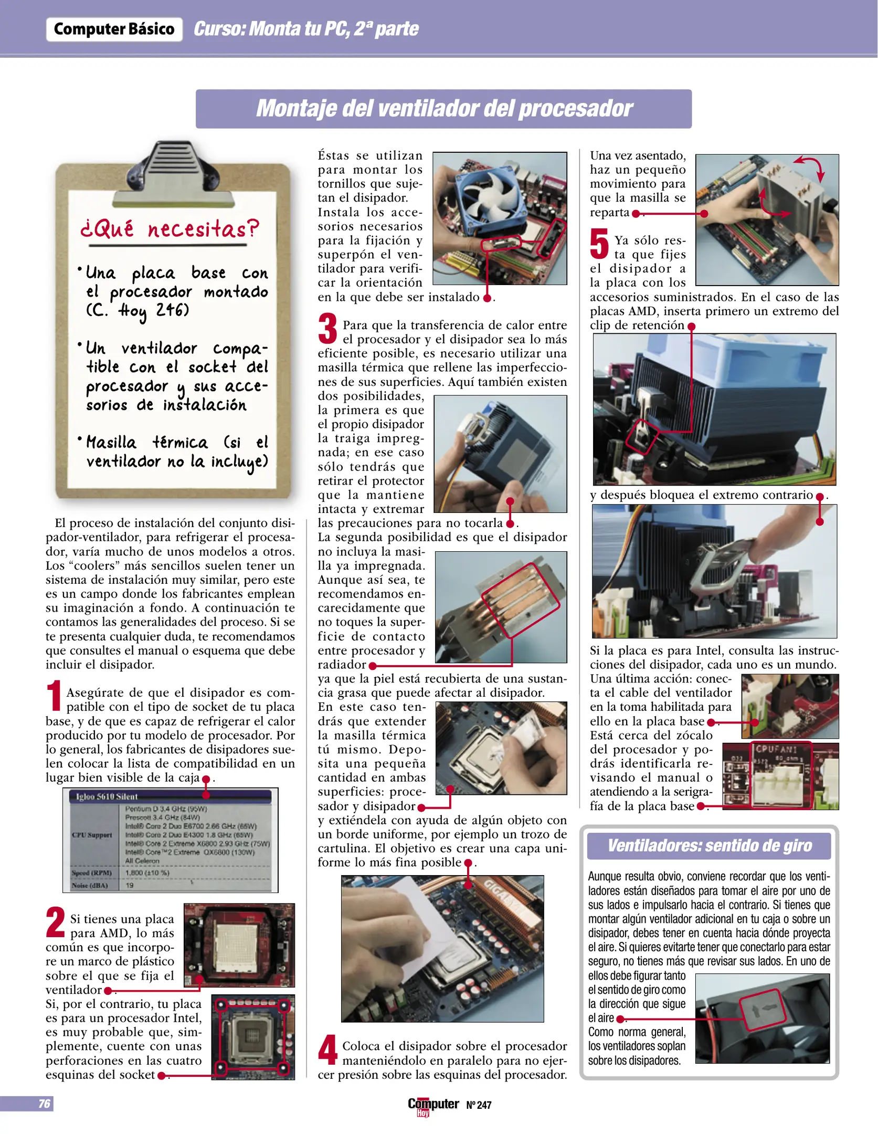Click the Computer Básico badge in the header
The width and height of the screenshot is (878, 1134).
(114, 29)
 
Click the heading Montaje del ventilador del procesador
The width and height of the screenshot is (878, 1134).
(443, 109)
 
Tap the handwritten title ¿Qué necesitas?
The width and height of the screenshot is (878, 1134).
(170, 229)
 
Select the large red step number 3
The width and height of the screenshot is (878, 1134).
(327, 329)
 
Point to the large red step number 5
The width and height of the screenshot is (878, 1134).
(599, 244)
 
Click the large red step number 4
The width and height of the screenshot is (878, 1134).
(327, 1050)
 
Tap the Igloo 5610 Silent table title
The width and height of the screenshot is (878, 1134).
(107, 796)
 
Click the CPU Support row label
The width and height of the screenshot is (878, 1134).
(92, 835)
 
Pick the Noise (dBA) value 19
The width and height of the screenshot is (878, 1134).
(130, 885)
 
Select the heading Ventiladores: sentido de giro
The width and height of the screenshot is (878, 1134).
(709, 845)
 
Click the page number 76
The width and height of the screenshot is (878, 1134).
(44, 1104)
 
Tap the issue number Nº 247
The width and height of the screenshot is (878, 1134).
(479, 1105)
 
